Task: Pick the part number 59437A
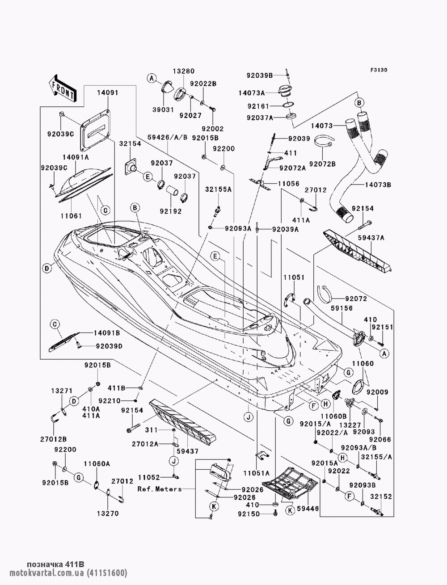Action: (373, 238)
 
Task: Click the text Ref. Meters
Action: (160, 489)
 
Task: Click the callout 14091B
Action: (107, 333)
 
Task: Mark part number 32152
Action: (374, 497)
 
